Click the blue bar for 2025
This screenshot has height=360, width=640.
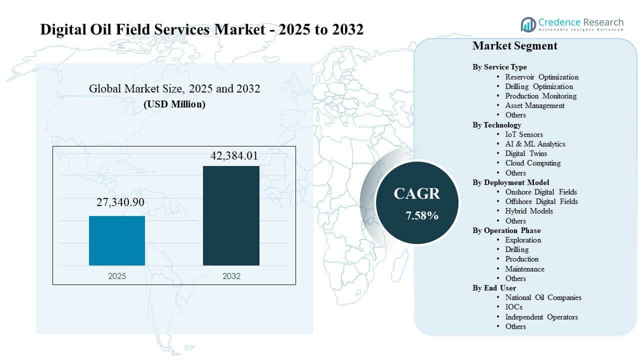tap(117, 240)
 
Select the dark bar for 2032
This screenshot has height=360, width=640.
tap(231, 215)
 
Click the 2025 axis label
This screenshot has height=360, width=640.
tap(117, 276)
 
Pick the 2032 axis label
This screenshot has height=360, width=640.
tap(231, 276)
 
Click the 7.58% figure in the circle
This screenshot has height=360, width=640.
tap(422, 215)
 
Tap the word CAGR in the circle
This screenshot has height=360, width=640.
tap(417, 193)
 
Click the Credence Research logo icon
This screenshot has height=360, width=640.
tap(528, 24)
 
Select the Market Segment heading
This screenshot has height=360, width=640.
tap(515, 46)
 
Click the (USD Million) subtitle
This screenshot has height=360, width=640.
tap(174, 104)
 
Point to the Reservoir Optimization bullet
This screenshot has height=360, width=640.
tap(541, 77)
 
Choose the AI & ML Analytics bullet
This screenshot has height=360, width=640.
tap(535, 144)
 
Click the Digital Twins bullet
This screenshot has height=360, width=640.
tap(526, 153)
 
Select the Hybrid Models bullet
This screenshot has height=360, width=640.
tap(529, 211)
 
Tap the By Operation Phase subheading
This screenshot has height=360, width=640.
tap(506, 230)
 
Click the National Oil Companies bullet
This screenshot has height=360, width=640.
tap(543, 297)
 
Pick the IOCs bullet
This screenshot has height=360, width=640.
tap(513, 307)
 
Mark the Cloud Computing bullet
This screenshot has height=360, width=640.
tap(532, 163)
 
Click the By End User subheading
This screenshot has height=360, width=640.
tap(494, 288)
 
